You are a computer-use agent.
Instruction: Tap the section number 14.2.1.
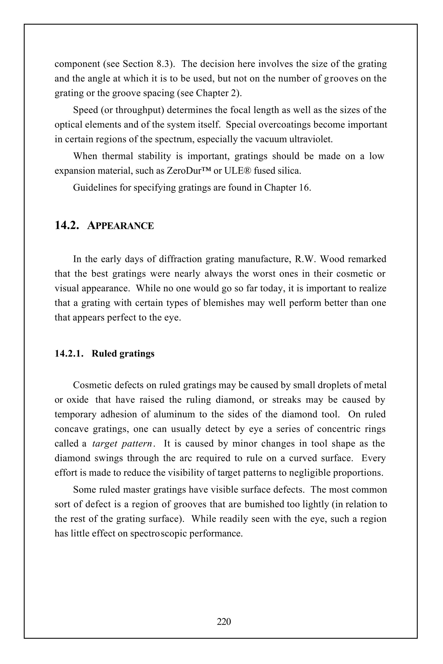coord(69,354)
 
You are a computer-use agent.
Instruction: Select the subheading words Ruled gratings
coord(123,354)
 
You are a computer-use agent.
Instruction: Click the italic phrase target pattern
coord(122,444)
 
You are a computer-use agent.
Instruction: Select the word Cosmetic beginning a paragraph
coord(94,385)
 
